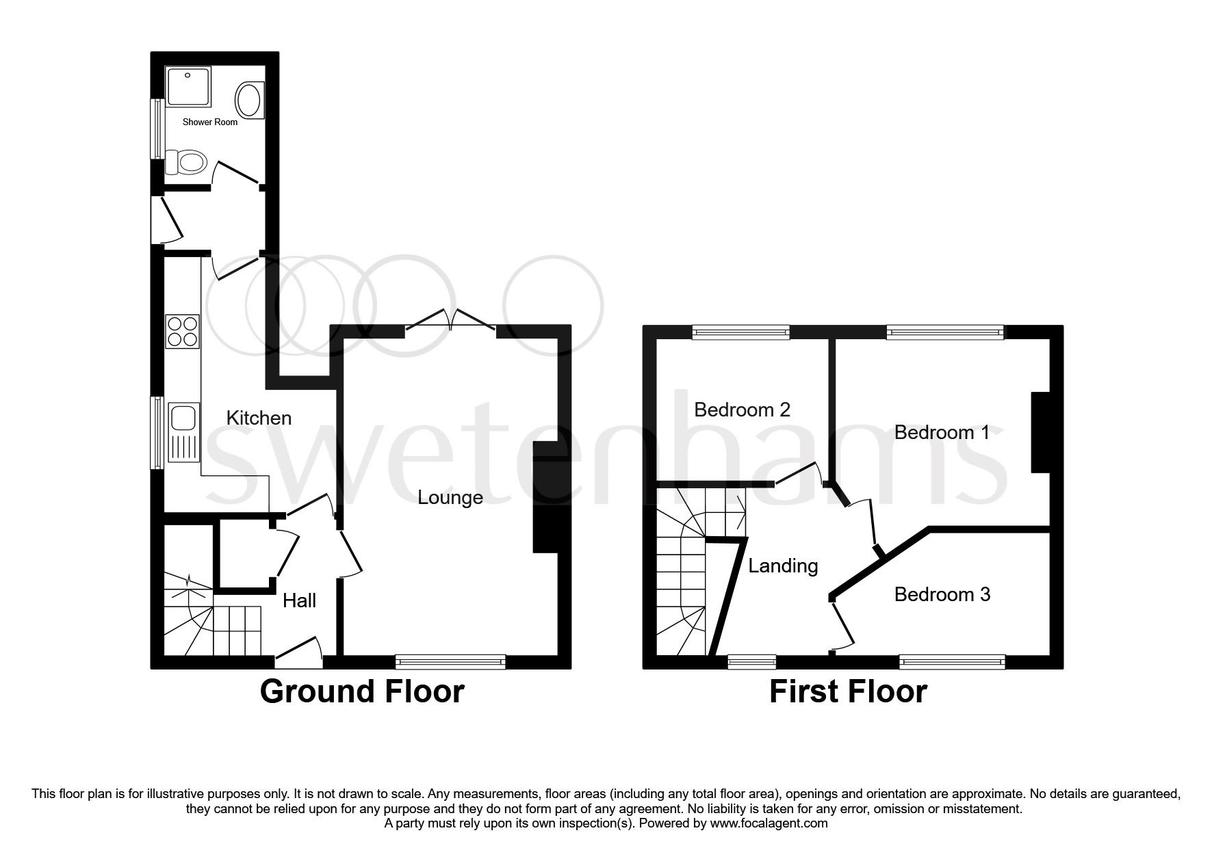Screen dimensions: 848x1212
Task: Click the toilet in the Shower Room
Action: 188,163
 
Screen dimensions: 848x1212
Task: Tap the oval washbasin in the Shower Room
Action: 248,100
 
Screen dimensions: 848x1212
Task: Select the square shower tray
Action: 188,86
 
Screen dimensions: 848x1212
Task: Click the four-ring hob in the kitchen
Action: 183,332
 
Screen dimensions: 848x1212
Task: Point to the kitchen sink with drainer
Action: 183,432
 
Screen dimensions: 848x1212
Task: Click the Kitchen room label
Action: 259,418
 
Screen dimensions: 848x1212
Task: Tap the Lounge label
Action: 450,497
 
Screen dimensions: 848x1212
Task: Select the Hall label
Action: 299,600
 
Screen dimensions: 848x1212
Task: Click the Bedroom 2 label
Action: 742,410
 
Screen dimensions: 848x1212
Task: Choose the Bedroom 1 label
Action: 942,432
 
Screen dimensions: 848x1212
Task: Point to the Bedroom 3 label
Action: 942,594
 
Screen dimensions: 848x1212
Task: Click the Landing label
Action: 783,566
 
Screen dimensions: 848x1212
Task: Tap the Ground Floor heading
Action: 362,691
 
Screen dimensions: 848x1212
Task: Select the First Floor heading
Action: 848,691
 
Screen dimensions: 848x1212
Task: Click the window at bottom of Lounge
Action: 450,661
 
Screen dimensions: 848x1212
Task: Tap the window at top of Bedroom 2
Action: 740,332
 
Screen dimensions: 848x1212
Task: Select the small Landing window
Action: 751,661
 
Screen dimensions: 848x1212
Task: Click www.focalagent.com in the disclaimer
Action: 769,823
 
